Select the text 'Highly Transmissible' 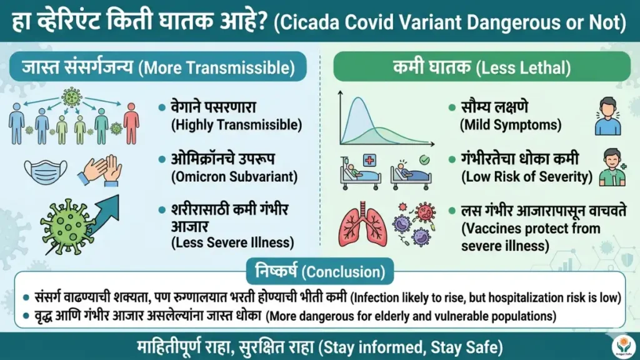tap(236, 125)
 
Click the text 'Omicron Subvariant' tap(234, 177)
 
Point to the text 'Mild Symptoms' tap(511, 125)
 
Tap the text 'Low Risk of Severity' tap(527, 177)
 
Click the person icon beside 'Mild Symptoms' tap(607, 117)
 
